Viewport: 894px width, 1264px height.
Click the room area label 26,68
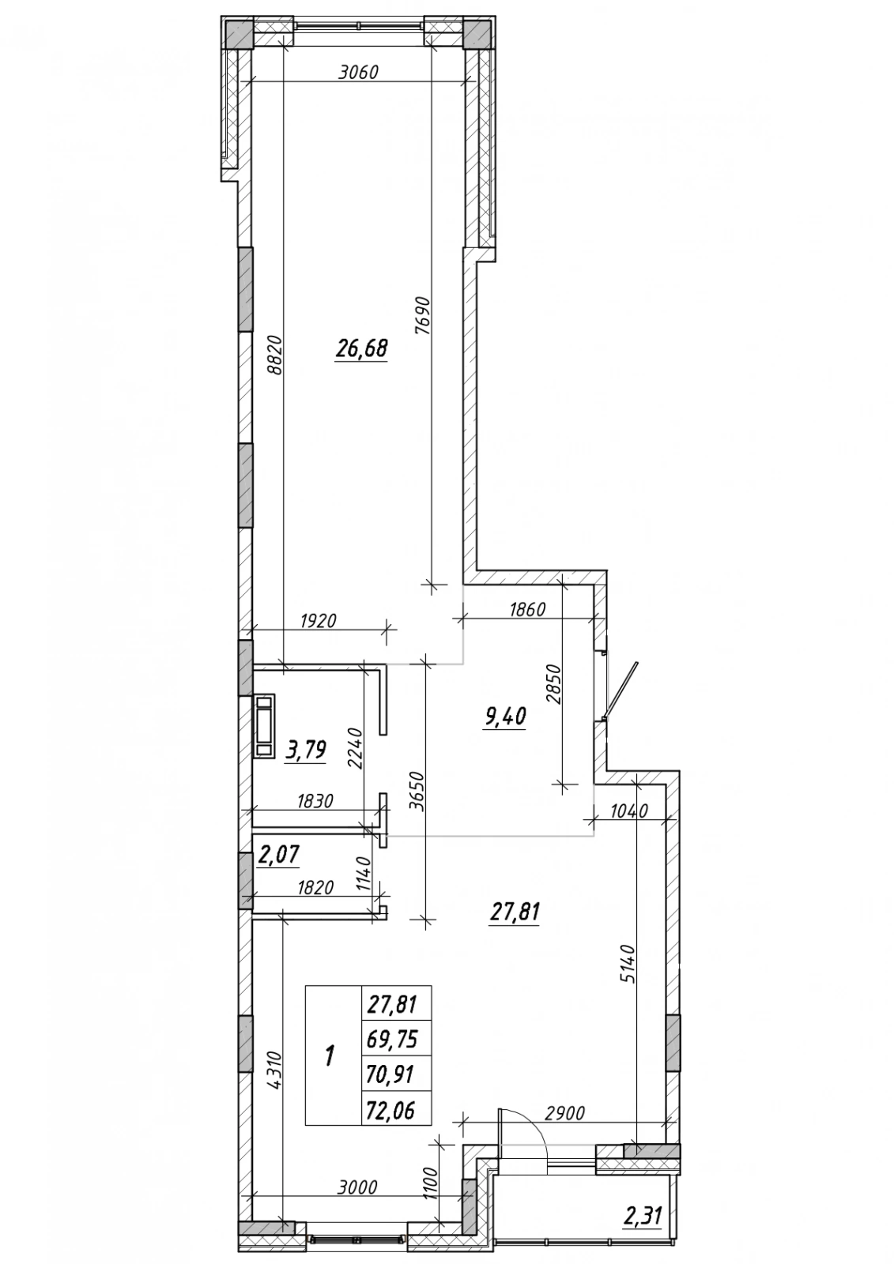tap(361, 348)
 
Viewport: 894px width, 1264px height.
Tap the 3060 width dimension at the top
tap(357, 73)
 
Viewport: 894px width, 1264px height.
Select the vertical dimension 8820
tap(275, 356)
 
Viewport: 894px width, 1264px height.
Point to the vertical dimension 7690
tap(424, 316)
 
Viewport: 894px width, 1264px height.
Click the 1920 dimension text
tap(318, 621)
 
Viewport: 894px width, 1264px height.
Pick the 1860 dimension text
tap(527, 609)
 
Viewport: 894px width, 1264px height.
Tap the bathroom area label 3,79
tap(306, 751)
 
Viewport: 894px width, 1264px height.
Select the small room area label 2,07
tap(278, 856)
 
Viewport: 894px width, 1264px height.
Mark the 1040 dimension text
tap(629, 811)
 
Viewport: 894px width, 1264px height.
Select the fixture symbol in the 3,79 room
tap(264, 725)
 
